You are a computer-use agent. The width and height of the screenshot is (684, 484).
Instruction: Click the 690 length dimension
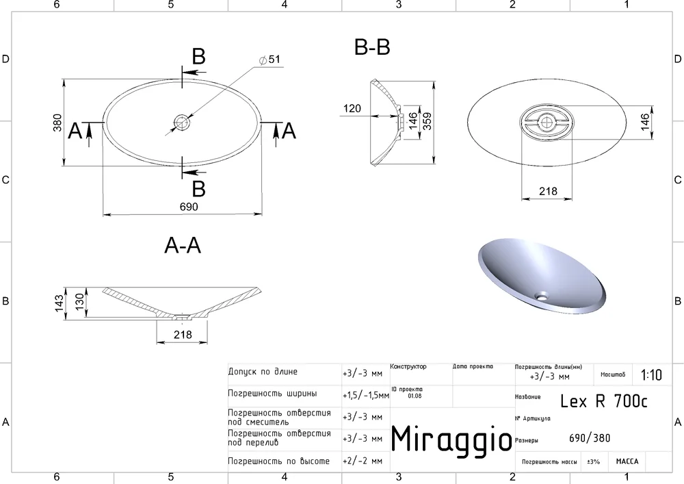(x=189, y=207)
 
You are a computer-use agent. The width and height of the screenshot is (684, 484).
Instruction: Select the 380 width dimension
(x=57, y=123)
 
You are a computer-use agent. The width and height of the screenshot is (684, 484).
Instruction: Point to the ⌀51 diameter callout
(x=269, y=60)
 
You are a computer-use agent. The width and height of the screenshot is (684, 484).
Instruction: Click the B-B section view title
(x=372, y=47)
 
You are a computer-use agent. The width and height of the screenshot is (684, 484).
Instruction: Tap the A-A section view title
(x=183, y=245)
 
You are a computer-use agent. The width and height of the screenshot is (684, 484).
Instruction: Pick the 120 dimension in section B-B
(x=352, y=108)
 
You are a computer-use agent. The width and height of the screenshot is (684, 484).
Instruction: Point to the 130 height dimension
(x=79, y=302)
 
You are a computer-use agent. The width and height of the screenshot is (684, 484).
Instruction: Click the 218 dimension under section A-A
(x=183, y=335)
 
